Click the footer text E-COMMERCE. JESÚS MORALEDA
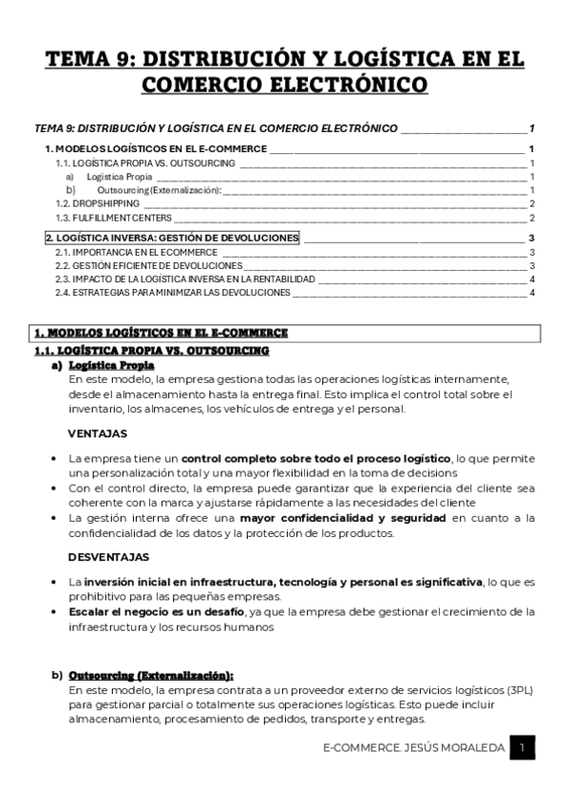click(413, 750)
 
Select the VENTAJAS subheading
click(98, 432)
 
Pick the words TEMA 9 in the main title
click(91, 59)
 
